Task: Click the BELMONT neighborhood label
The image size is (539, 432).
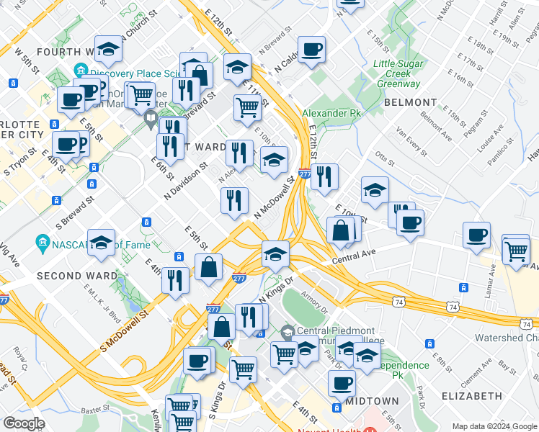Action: point(411,103)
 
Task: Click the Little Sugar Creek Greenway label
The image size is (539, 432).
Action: point(402,73)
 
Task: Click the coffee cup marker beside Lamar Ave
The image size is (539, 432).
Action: point(476,235)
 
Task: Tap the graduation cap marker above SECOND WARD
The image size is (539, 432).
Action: point(102,242)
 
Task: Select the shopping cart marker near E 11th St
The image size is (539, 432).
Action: point(246,107)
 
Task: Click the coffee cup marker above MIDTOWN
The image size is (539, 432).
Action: point(342,383)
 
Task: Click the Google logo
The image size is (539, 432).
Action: point(24,423)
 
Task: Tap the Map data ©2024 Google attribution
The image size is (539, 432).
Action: point(493,426)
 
